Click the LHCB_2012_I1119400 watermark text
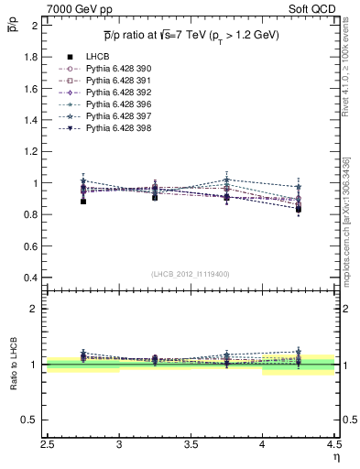(191, 274)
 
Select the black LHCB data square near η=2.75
(83, 202)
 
